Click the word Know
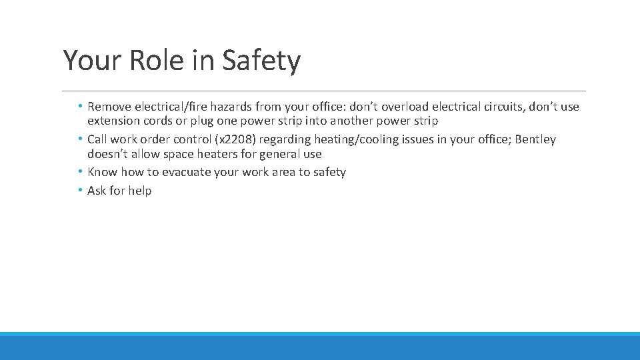103,172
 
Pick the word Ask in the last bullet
97,191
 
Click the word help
139,191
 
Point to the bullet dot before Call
80,139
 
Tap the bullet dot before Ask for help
80,191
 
